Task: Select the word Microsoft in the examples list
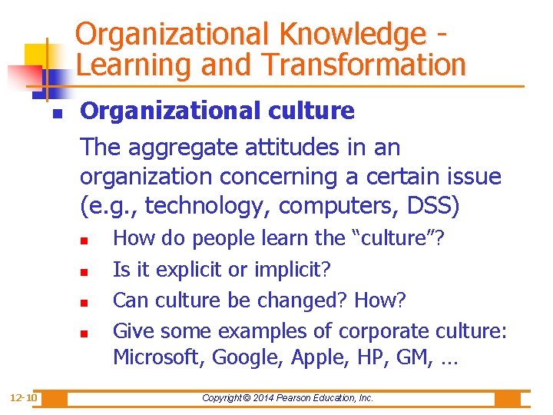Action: pos(158,357)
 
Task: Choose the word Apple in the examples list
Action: pos(306,357)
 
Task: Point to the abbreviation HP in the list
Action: pos(353,357)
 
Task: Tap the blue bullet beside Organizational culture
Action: pos(57,113)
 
